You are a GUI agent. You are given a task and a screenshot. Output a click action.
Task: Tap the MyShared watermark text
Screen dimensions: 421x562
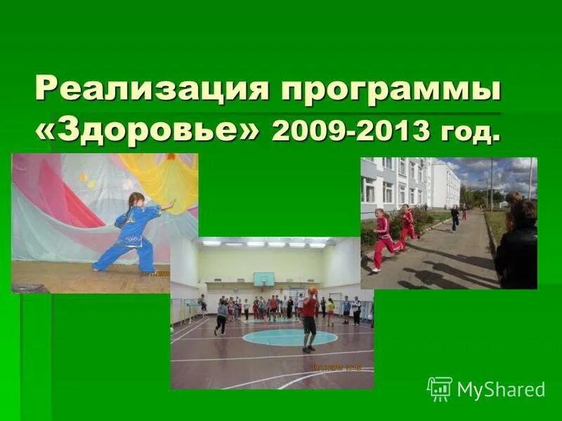pyautogui.click(x=501, y=389)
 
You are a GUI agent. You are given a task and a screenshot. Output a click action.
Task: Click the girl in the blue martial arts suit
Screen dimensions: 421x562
pyautogui.click(x=133, y=232)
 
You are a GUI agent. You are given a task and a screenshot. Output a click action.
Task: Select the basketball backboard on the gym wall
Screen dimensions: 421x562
pyautogui.click(x=263, y=279)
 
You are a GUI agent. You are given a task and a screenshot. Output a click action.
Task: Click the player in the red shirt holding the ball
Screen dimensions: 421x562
pyautogui.click(x=308, y=319)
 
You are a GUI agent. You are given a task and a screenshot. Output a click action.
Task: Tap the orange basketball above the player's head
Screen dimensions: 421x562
pyautogui.click(x=312, y=290)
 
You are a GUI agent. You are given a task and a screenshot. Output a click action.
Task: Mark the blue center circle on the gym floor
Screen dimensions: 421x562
pyautogui.click(x=289, y=338)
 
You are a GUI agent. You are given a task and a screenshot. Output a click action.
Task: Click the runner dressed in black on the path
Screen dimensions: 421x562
pyautogui.click(x=455, y=218)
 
